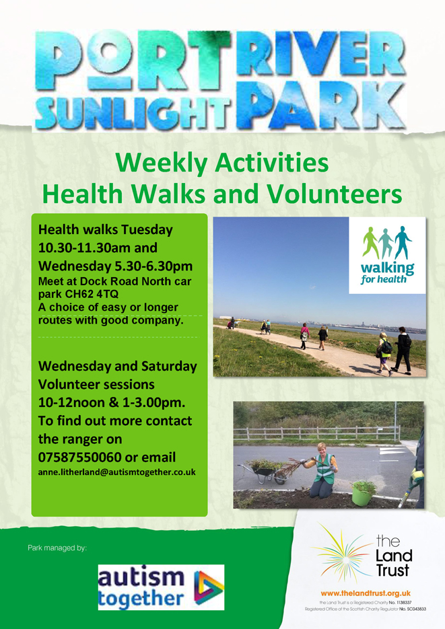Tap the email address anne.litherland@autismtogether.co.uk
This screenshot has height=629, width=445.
117,473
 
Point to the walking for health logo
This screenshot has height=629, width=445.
388,256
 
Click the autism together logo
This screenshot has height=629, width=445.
160,587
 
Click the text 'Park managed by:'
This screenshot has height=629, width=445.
57,548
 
